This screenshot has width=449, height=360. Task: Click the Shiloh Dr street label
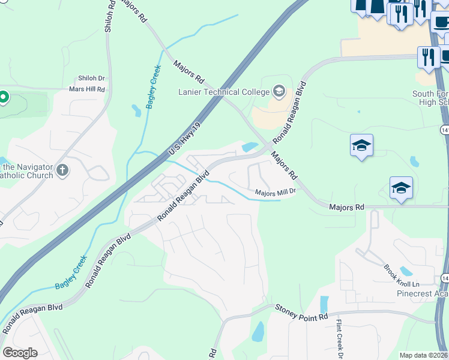[91, 78]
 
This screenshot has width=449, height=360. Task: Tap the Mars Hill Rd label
[87, 89]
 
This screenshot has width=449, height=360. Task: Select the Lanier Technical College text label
[224, 92]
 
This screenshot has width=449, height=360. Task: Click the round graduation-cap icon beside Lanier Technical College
[279, 91]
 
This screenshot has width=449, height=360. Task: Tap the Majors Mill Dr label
[276, 192]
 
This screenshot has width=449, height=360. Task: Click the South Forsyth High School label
[430, 98]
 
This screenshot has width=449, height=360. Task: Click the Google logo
[20, 353]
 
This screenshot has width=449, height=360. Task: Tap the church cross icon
[62, 172]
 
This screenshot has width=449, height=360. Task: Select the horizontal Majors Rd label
[346, 207]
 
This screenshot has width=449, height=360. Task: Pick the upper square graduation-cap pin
[361, 146]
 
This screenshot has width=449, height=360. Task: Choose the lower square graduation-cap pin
[401, 188]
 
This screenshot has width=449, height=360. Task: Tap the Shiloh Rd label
[108, 17]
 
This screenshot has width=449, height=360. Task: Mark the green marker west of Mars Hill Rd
[4, 97]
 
